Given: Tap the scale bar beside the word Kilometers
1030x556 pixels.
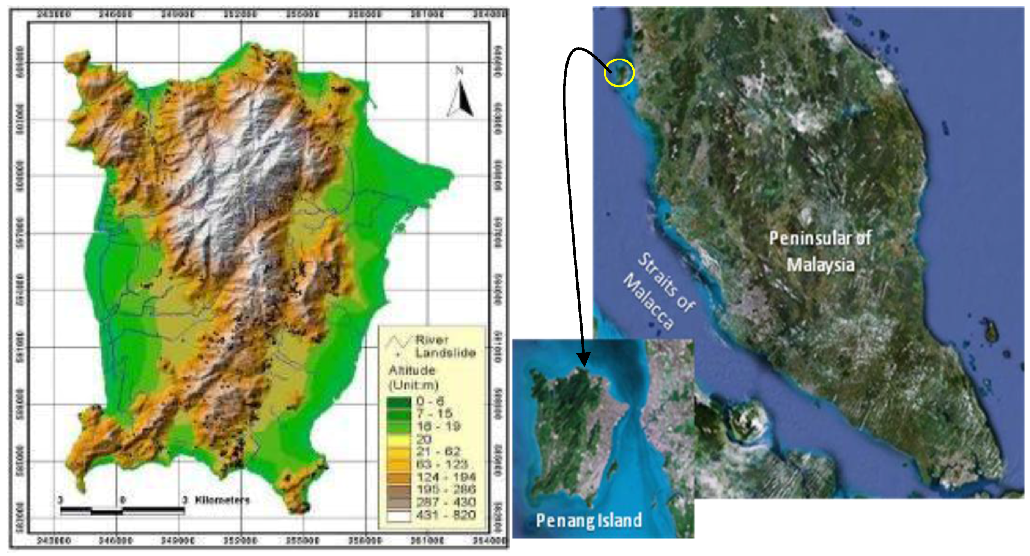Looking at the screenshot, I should pyautogui.click(x=122, y=510).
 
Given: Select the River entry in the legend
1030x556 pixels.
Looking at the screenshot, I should pyautogui.click(x=432, y=340).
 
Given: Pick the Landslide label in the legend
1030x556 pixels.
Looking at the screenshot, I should pyautogui.click(x=446, y=353).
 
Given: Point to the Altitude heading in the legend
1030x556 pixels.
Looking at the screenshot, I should pyautogui.click(x=412, y=370).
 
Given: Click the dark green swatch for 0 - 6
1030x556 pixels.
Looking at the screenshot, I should pyautogui.click(x=398, y=401).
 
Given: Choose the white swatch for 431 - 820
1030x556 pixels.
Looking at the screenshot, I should pyautogui.click(x=398, y=516).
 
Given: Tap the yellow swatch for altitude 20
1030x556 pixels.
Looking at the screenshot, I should pyautogui.click(x=398, y=439).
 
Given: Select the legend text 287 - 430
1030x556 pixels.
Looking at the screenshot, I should pyautogui.click(x=446, y=502).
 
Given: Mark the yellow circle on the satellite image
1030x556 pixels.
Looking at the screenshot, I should pyautogui.click(x=619, y=73).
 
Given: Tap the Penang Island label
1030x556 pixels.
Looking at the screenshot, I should pyautogui.click(x=589, y=520).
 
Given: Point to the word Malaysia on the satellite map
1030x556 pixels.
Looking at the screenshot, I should pyautogui.click(x=821, y=265).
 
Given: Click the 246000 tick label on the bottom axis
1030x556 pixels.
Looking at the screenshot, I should pyautogui.click(x=115, y=541).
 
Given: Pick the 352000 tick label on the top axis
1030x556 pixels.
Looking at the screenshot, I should pyautogui.click(x=240, y=14).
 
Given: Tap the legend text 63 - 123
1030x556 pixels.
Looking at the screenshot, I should pyautogui.click(x=442, y=464).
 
